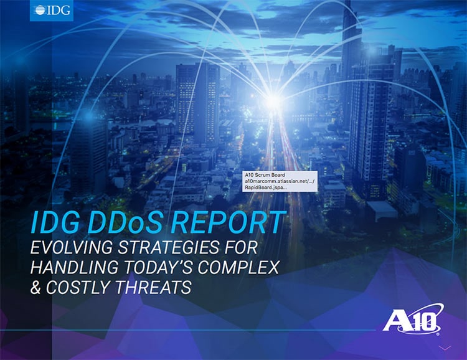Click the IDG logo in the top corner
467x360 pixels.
click(x=52, y=11)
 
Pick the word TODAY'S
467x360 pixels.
click(x=158, y=267)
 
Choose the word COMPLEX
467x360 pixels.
click(x=238, y=267)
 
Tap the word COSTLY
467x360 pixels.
click(x=78, y=287)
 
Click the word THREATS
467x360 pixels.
click(x=153, y=287)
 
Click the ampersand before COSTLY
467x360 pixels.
click(x=35, y=287)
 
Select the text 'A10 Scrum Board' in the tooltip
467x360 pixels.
click(x=265, y=175)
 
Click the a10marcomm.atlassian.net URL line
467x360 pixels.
click(x=280, y=181)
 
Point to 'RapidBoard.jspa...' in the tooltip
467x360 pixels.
click(x=266, y=187)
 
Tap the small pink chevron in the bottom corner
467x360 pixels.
click(x=446, y=348)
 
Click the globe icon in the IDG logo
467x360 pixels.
click(x=39, y=10)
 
